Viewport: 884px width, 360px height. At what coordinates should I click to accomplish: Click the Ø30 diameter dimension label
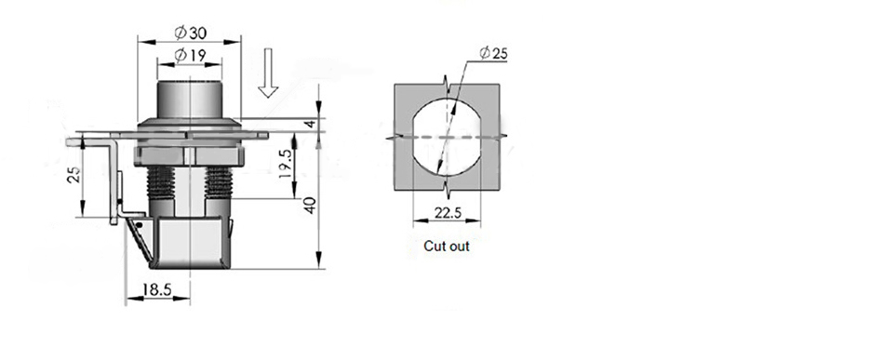pos(191,33)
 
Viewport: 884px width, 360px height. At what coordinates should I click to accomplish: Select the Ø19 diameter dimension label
pos(190,55)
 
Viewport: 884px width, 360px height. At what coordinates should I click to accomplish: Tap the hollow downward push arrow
pos(268,73)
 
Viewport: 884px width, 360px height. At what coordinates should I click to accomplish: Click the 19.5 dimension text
pos(286,164)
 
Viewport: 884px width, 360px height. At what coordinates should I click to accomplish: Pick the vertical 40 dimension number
pos(310,205)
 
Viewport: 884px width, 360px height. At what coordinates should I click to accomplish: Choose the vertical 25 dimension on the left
pos(74,174)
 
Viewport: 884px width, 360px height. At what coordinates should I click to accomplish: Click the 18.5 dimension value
pos(156,289)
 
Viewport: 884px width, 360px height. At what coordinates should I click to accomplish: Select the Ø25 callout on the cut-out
pos(493,53)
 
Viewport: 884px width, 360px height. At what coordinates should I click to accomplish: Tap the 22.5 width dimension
pos(448,212)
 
